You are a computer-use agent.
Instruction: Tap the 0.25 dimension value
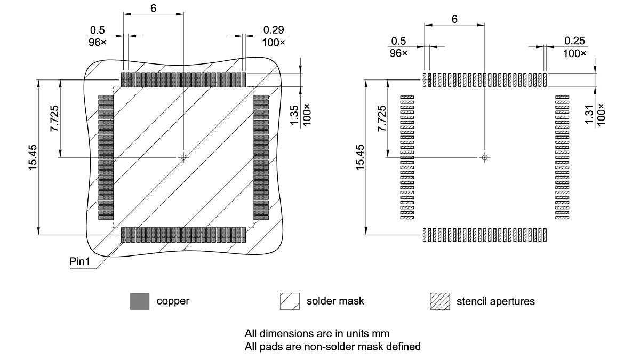coord(574,41)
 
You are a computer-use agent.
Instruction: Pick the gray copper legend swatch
coord(139,301)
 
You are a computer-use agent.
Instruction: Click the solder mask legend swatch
coord(289,301)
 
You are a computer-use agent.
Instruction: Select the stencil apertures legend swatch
coord(439,301)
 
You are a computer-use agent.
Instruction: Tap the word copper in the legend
coord(173,301)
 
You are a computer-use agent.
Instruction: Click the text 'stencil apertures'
coord(495,301)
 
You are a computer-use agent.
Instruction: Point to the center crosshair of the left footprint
coord(183,157)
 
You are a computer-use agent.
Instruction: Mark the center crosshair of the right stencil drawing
coord(484,157)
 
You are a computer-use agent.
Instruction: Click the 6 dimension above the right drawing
coord(454,19)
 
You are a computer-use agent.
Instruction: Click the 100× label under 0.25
coord(574,53)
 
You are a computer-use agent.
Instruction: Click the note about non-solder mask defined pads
coord(333,347)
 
